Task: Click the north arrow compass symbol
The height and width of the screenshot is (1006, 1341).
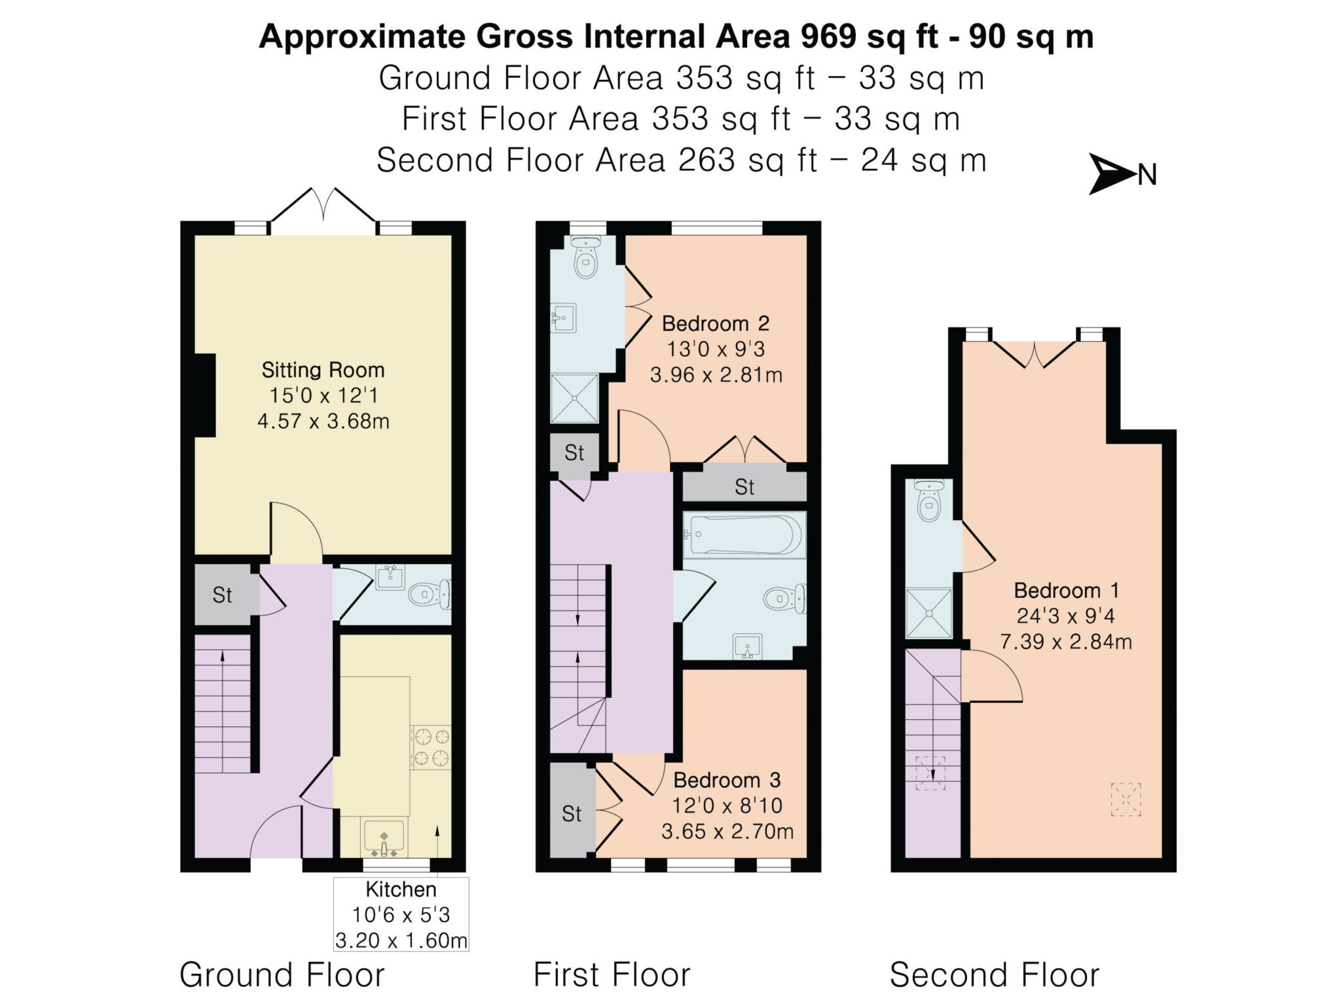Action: coord(1113,174)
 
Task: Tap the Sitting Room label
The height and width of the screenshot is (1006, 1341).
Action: coord(323,370)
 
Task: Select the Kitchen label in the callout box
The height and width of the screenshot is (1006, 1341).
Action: coord(401,889)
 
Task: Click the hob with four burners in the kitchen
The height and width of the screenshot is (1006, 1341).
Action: coord(431,747)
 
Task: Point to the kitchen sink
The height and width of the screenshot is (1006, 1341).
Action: coord(384,837)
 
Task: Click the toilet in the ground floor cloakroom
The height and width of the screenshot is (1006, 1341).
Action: coord(430,594)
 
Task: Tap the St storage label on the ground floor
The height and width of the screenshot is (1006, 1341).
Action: coord(222,595)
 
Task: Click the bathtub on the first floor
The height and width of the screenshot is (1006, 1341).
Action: coord(744,535)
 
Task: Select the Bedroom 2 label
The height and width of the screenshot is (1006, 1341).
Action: coord(716,323)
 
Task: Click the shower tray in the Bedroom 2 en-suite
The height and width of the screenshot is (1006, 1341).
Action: coord(574,398)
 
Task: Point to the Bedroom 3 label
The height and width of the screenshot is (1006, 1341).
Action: coord(727,780)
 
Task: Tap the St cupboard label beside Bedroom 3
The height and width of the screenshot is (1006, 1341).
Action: coord(572,813)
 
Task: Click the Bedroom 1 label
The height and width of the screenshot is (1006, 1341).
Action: coord(1066,590)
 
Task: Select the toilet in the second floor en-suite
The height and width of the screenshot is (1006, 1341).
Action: coord(929,500)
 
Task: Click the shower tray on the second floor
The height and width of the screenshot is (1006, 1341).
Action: coord(928,613)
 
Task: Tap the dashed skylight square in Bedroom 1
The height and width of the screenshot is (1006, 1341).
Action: coord(1126,799)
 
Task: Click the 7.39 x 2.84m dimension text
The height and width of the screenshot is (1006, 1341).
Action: coord(1066,641)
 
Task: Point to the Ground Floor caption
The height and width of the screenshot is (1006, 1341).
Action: coord(282,975)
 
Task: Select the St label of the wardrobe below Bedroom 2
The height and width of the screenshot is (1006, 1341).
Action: coord(744,487)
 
